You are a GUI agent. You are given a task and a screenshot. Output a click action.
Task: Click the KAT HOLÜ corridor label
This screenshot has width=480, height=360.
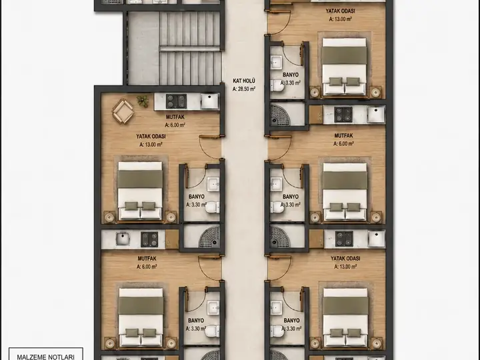(x=244, y=81)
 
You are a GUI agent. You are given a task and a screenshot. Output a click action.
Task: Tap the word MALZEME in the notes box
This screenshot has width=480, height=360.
(x=29, y=357)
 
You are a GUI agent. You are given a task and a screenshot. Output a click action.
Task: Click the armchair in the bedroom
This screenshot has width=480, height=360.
(x=123, y=111)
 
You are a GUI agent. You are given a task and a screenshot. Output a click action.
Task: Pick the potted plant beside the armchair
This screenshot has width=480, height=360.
(x=143, y=101)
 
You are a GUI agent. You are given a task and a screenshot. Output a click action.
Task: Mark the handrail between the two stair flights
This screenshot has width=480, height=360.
(x=190, y=49)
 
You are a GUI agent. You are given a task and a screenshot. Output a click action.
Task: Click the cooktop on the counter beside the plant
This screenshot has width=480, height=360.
(x=176, y=101)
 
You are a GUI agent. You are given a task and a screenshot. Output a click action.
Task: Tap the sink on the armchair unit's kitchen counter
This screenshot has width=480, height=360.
(x=209, y=101)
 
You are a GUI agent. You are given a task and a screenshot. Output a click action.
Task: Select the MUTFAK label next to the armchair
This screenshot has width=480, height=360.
(x=175, y=117)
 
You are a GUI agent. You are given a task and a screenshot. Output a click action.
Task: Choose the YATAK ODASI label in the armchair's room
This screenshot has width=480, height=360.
(x=151, y=136)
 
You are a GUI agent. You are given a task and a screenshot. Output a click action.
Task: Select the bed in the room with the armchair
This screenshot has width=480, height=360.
(x=140, y=191)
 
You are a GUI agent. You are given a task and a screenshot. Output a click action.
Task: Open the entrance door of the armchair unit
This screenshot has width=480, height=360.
(x=210, y=147)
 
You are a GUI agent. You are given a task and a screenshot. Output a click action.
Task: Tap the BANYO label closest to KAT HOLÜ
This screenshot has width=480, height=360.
(x=291, y=75)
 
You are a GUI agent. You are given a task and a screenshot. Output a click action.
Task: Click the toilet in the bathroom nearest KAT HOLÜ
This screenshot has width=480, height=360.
(x=277, y=85)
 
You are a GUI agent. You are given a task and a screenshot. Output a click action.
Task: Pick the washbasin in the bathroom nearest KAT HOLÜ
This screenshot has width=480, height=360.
(x=276, y=63)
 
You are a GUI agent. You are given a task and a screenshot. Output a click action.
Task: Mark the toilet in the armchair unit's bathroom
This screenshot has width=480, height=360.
(x=213, y=207)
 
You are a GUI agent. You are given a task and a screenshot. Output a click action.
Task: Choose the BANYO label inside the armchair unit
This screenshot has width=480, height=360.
(x=196, y=197)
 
